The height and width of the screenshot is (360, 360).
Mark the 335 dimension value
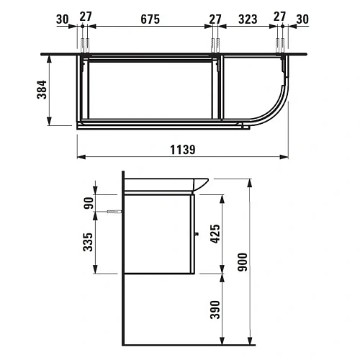click(86, 242)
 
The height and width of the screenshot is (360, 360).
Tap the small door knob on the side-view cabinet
click(197, 233)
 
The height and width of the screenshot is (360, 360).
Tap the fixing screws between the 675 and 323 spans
click(215, 45)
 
